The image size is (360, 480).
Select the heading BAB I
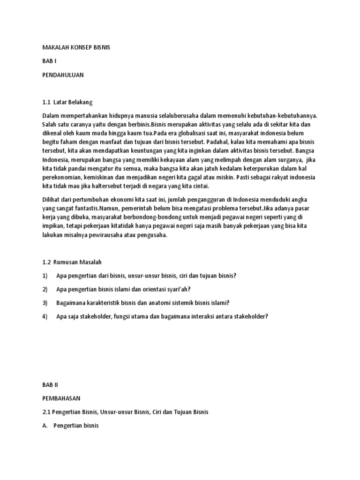click(49, 61)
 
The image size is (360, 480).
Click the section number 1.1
click(46, 102)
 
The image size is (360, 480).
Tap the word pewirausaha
click(102, 236)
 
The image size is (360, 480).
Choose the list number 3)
click(45, 302)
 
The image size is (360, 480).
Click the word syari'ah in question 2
click(174, 289)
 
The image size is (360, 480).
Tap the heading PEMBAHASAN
click(61, 398)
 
